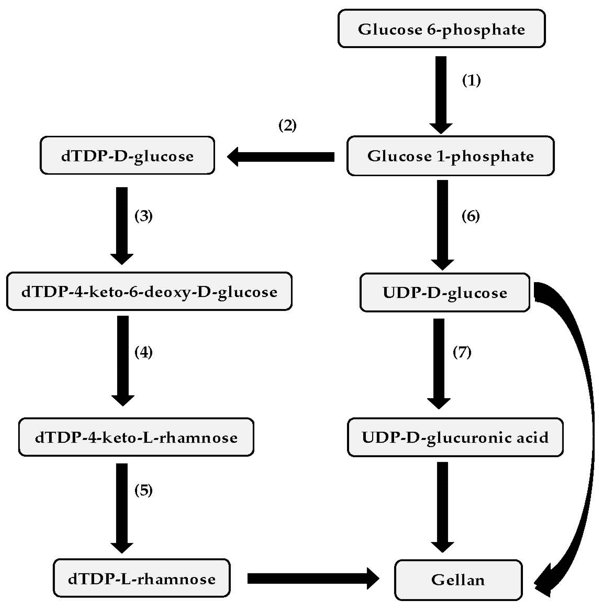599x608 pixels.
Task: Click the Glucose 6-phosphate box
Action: (441, 29)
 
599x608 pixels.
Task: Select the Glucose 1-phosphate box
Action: (450, 156)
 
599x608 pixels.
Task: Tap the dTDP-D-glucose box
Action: (127, 156)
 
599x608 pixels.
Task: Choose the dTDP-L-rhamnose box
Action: (142, 579)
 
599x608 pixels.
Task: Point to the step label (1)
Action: (471, 81)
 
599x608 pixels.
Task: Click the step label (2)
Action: (288, 126)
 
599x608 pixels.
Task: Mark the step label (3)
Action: (143, 216)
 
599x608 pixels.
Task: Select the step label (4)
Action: (143, 352)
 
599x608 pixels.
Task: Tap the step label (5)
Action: (143, 490)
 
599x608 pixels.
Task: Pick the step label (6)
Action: (471, 216)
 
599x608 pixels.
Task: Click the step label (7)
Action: (462, 352)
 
